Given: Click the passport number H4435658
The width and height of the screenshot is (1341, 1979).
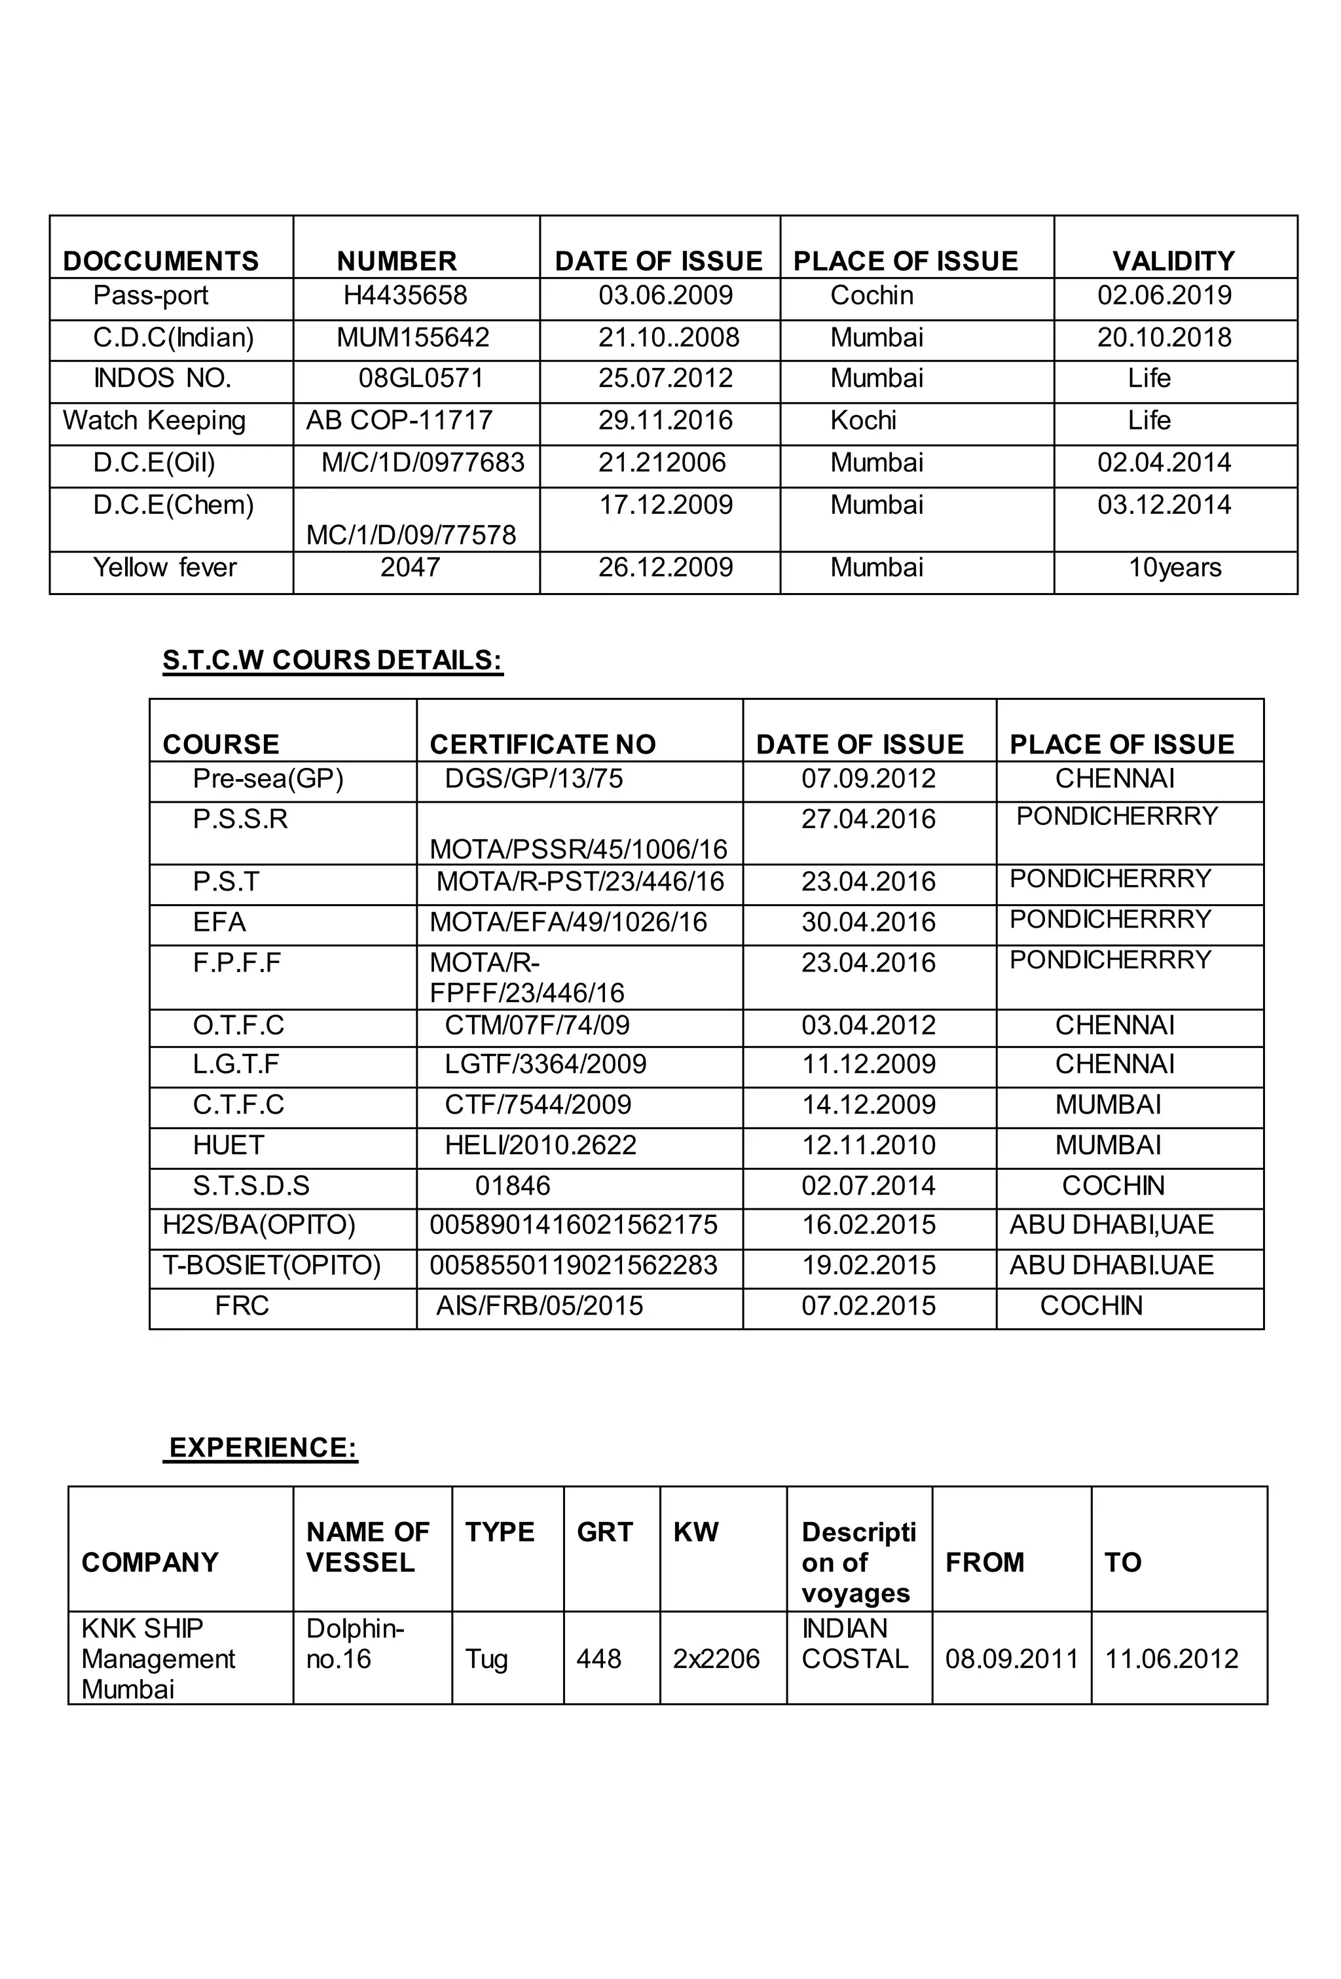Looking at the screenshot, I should pos(405,295).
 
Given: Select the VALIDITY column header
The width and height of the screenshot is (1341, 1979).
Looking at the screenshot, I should pos(1173,261).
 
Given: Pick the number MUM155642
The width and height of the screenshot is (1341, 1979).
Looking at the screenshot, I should pos(413,337).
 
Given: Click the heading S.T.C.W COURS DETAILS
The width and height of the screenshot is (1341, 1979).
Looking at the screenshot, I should pos(332,660).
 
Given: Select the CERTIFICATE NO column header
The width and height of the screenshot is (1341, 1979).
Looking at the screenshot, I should pos(543,744).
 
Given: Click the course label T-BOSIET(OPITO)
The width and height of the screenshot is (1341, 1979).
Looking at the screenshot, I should pos(272,1265).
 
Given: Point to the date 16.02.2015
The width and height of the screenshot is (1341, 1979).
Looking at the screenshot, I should pos(868,1225).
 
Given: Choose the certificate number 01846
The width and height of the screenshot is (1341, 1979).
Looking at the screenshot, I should pos(513,1186).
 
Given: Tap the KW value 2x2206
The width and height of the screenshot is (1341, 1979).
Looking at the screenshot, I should pos(716,1658).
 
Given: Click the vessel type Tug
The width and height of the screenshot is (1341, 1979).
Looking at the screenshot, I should pos(487,1658).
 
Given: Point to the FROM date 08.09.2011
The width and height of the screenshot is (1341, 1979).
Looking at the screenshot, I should pos(1011,1658).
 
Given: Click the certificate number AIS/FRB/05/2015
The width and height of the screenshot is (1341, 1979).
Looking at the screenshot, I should pos(540,1305).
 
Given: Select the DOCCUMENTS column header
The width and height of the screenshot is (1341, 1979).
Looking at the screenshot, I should pos(161,261).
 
